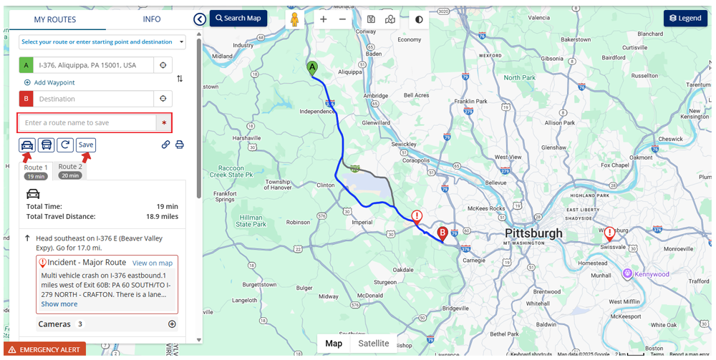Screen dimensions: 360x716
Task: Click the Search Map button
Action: (x=238, y=18)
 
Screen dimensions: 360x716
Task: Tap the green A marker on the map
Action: (x=312, y=68)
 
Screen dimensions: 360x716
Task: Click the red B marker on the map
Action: (x=442, y=233)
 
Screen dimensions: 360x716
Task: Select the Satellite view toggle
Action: (x=373, y=344)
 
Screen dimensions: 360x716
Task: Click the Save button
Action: (x=86, y=145)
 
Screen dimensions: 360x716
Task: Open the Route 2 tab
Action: (x=70, y=170)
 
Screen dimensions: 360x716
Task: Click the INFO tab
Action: (x=152, y=19)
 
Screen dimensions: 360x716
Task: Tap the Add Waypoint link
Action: (x=49, y=82)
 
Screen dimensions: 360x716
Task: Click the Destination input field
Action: (x=93, y=99)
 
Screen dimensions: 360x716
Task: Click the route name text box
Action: (x=87, y=123)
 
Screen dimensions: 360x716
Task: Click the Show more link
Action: (x=59, y=304)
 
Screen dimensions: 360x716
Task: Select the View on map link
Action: (x=153, y=263)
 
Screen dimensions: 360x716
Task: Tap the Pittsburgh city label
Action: (x=533, y=234)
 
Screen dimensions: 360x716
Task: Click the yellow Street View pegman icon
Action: (x=294, y=19)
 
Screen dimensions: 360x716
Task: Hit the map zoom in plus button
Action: (x=324, y=19)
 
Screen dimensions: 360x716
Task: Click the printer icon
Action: (x=180, y=145)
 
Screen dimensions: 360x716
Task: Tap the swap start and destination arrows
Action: (x=180, y=79)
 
